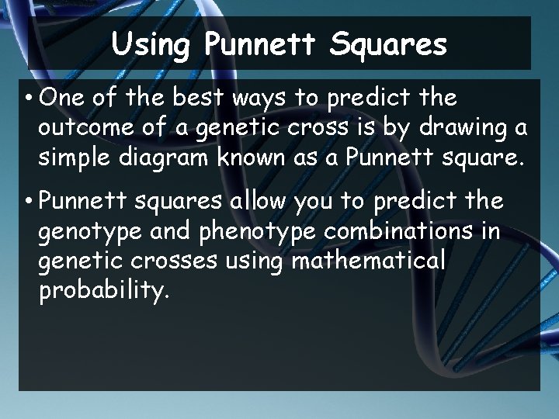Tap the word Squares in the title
pyautogui.click(x=388, y=45)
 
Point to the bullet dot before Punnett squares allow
pyautogui.click(x=27, y=203)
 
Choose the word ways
pyautogui.click(x=259, y=100)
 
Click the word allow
pyautogui.click(x=259, y=202)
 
